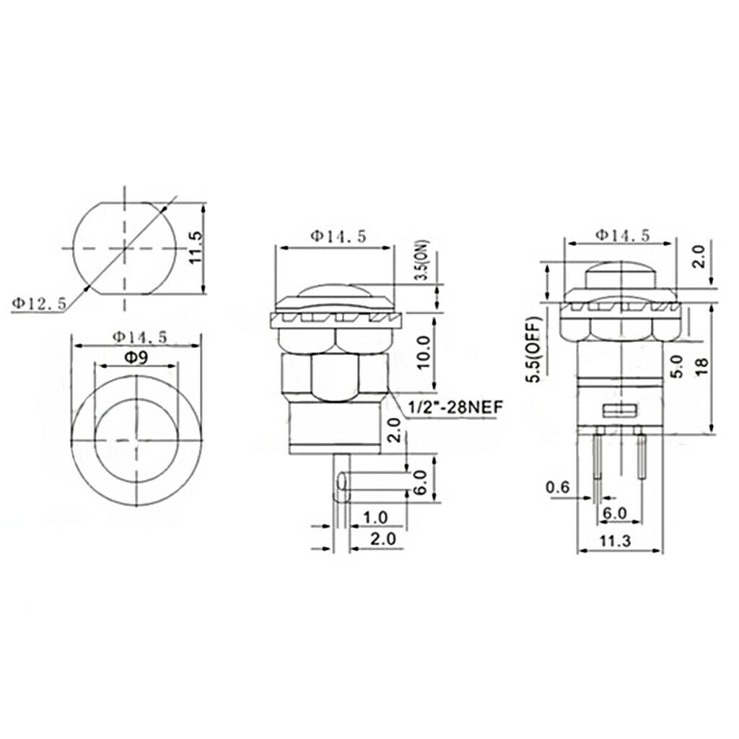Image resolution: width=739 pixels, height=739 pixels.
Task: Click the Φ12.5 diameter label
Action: [40, 304]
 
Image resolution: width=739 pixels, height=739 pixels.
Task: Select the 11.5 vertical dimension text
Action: [195, 248]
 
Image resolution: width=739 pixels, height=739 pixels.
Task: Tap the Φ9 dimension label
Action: [136, 358]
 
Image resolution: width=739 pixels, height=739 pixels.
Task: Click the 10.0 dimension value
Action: [423, 353]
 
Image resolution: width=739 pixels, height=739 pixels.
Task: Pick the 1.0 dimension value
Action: [375, 518]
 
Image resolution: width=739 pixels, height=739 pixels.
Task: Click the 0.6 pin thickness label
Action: [558, 487]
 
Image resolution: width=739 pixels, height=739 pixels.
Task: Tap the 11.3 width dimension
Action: [615, 541]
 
